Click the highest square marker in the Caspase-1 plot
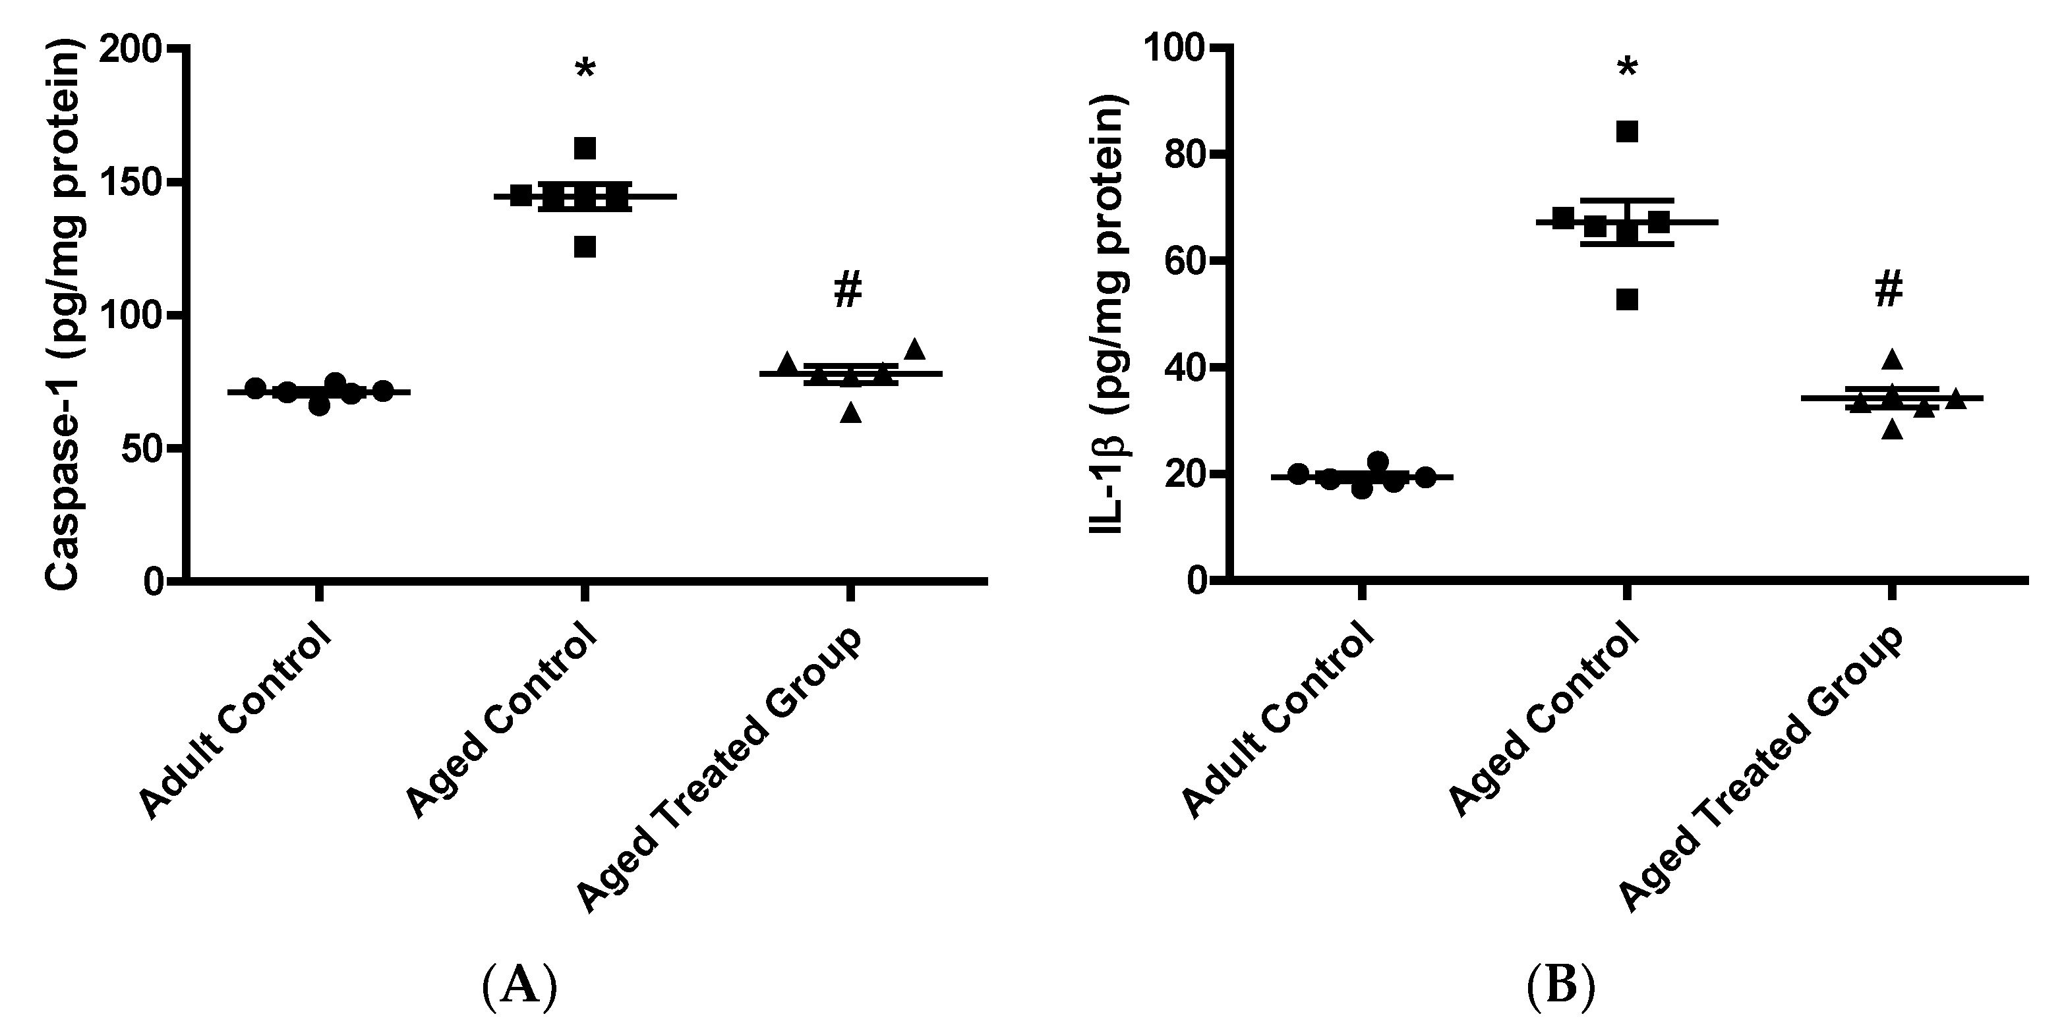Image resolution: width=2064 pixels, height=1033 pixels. click(x=585, y=148)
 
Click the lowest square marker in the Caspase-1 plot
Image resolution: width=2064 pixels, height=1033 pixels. click(x=585, y=248)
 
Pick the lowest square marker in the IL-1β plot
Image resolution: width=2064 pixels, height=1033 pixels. click(x=1626, y=300)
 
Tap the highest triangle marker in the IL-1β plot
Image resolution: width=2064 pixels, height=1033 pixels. click(x=1892, y=360)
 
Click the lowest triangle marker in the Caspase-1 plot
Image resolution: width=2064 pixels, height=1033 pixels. click(x=850, y=413)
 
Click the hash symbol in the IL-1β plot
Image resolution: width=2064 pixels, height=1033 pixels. click(x=1889, y=290)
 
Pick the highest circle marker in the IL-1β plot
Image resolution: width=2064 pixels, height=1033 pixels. click(x=1377, y=461)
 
